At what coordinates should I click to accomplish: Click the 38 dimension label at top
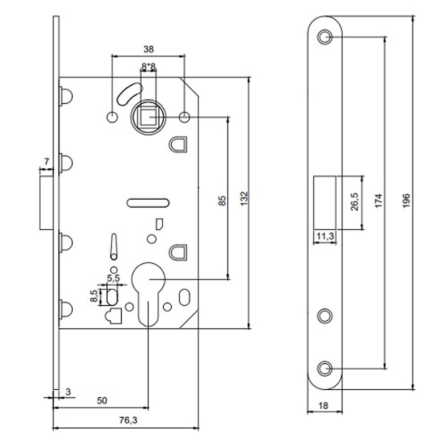148,50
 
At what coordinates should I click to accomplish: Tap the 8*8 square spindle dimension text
148,67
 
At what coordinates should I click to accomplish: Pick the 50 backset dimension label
102,401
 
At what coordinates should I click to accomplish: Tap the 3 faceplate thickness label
68,392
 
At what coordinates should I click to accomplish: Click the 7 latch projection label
46,161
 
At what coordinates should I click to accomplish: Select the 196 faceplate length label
406,199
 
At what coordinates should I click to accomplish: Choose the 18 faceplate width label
325,405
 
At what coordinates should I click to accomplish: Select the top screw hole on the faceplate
325,37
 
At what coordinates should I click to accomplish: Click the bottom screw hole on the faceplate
325,368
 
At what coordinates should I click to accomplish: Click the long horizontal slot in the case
148,203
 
